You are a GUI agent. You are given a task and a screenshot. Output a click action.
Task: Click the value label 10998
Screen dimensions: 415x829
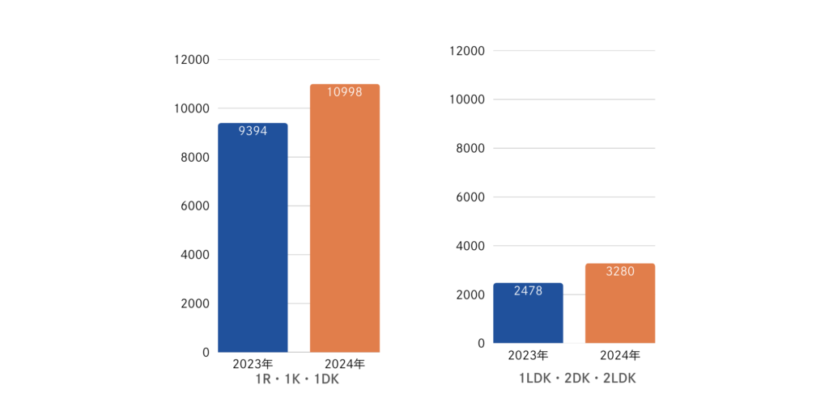click(x=344, y=92)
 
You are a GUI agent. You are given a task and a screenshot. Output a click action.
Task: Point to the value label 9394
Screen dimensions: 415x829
click(x=253, y=131)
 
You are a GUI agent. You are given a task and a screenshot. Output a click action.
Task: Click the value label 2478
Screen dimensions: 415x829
click(x=528, y=291)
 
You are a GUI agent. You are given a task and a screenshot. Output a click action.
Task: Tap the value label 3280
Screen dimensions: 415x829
click(x=619, y=272)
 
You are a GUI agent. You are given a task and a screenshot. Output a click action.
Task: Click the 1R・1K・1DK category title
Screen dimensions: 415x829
click(x=298, y=380)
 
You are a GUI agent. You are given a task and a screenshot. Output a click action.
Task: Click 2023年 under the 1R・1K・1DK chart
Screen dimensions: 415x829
click(x=253, y=364)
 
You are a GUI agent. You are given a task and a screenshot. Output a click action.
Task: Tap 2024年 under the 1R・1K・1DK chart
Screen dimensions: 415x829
click(x=344, y=364)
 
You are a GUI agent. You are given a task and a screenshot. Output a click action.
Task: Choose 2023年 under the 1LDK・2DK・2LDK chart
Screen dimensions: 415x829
click(x=528, y=355)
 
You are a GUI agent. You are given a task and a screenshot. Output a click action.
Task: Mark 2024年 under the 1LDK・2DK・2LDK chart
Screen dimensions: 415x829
click(x=620, y=355)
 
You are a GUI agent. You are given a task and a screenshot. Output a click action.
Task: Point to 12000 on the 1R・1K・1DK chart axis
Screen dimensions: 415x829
click(x=192, y=60)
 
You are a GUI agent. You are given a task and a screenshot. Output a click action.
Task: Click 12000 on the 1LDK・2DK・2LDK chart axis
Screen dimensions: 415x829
click(x=467, y=51)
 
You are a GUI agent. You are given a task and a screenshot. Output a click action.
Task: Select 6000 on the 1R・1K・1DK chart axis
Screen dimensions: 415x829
click(x=195, y=206)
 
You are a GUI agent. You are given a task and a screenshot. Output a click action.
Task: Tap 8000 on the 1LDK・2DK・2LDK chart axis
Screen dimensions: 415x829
click(x=470, y=148)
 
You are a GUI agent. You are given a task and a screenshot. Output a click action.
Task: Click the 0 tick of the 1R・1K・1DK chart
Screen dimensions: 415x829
click(x=205, y=352)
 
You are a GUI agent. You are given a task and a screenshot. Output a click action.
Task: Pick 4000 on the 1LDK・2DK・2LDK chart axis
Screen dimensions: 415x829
click(x=470, y=246)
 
